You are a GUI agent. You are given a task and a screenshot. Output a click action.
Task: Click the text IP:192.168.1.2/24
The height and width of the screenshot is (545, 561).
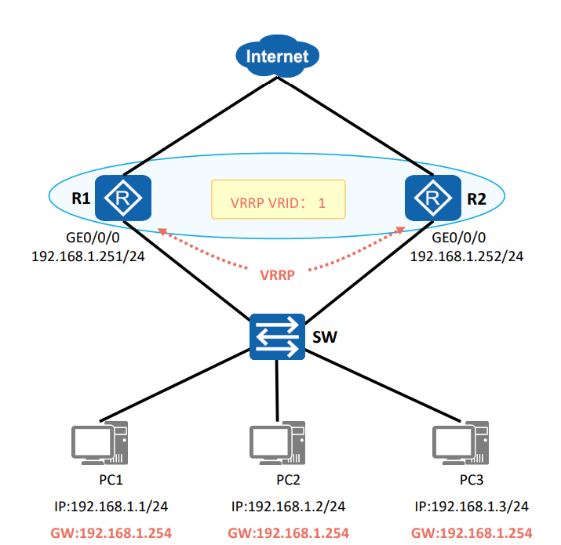pos(289,507)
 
